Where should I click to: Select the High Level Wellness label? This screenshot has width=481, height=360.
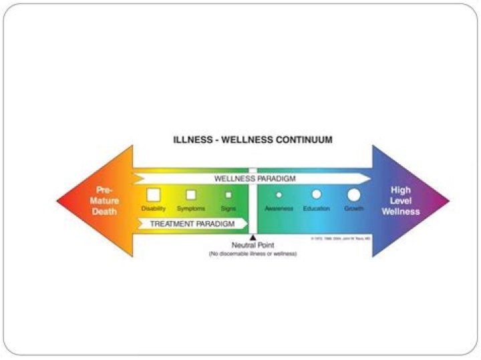(x=406, y=200)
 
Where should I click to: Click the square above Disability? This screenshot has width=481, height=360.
(x=153, y=194)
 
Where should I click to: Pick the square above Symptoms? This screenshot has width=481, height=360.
(x=191, y=194)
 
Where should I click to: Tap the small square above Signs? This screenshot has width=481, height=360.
(x=228, y=195)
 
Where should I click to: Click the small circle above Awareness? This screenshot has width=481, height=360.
(x=279, y=195)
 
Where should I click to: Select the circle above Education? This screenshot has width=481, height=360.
(x=316, y=194)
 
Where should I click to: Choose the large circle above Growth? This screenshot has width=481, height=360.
(x=354, y=194)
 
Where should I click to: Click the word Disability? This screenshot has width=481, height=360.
(x=153, y=209)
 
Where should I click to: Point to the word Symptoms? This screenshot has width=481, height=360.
(x=191, y=209)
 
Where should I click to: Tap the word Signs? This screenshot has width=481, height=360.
(x=228, y=209)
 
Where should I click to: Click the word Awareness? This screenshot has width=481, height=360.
(x=279, y=209)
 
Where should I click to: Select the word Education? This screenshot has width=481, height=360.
(x=316, y=209)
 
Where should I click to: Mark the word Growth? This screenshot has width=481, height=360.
(x=354, y=209)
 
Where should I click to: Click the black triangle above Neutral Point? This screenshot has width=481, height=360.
(x=253, y=237)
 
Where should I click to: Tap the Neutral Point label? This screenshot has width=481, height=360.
(x=253, y=246)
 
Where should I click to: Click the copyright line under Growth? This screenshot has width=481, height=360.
(x=341, y=238)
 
